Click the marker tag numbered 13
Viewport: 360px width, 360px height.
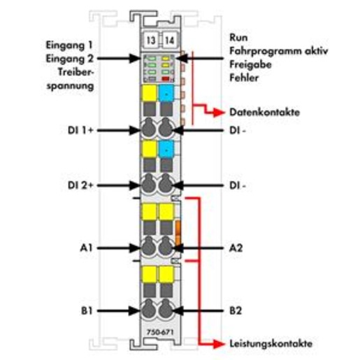tap(150, 41)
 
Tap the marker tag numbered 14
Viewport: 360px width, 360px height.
tap(169, 41)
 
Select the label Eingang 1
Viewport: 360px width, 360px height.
tap(69, 45)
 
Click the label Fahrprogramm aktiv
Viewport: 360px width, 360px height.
tap(278, 51)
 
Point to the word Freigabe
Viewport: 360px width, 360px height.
tap(250, 64)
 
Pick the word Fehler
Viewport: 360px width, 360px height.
tap(244, 78)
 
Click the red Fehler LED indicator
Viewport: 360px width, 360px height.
tap(166, 79)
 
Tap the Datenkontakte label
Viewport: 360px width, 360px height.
tap(264, 113)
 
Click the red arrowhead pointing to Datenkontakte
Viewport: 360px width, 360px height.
tap(219, 113)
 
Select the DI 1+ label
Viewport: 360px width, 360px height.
tap(80, 130)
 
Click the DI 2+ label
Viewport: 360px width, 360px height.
tap(80, 185)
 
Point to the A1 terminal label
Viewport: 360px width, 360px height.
tap(86, 248)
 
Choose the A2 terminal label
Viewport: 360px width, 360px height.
tap(236, 248)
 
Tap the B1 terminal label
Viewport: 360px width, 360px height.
tap(87, 311)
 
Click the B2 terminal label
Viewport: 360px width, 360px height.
tap(236, 311)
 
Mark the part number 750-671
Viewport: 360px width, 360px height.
tap(160, 332)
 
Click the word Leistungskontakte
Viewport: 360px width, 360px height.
tap(271, 344)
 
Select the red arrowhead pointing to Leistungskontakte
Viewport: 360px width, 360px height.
tap(219, 344)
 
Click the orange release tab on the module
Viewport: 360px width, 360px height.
tap(178, 232)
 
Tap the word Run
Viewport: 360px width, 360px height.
tap(238, 38)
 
